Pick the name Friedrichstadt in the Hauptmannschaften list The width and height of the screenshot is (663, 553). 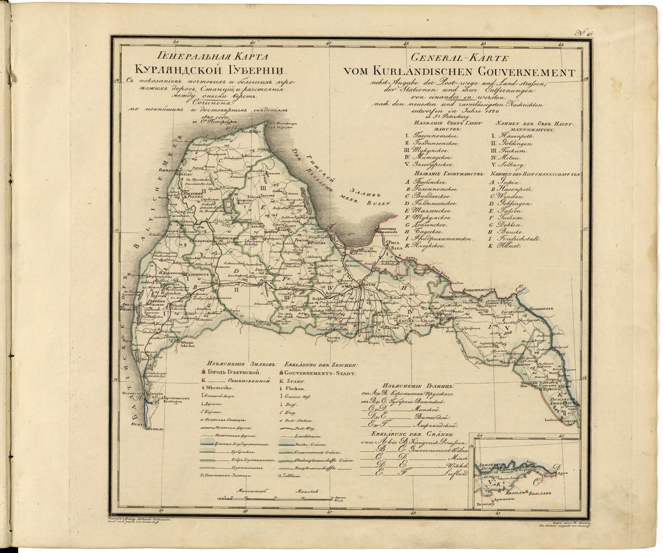518,239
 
